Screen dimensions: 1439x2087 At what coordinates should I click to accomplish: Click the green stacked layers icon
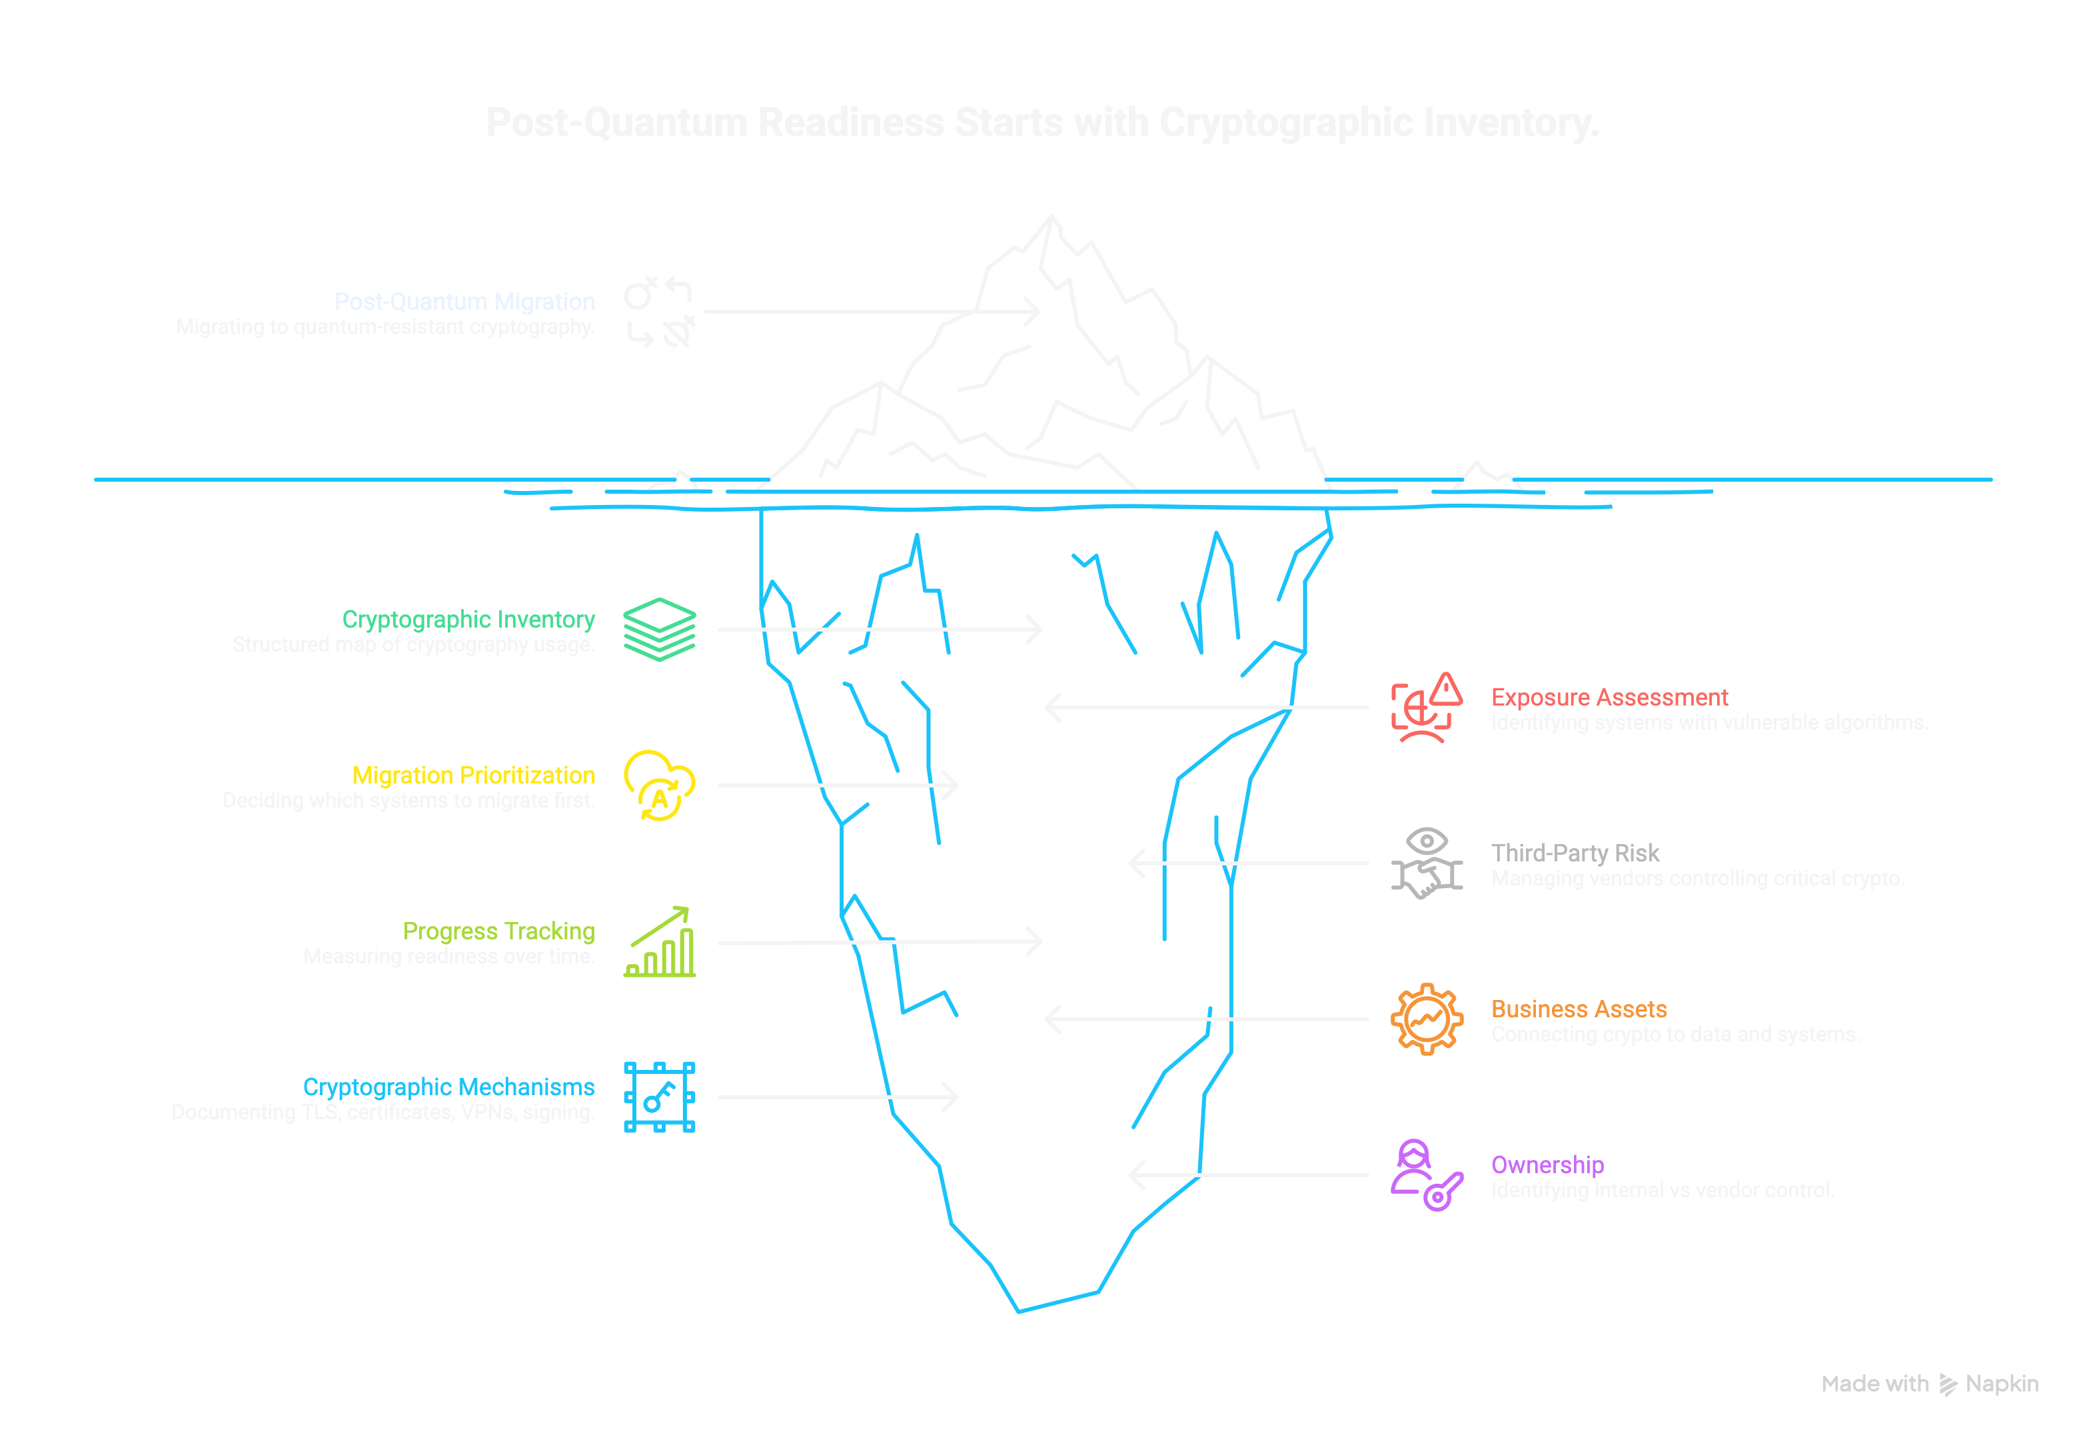tap(659, 630)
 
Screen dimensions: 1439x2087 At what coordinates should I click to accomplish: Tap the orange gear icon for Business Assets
tap(1426, 1019)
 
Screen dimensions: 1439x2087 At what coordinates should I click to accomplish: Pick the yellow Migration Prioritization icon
tap(659, 785)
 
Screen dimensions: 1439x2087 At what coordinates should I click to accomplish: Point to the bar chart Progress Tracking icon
tap(659, 941)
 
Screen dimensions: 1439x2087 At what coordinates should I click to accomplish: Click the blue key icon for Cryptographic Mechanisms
tap(659, 1097)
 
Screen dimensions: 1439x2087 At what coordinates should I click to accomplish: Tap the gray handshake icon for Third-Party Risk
tap(1426, 864)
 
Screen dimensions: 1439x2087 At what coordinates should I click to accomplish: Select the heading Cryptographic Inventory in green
tap(468, 620)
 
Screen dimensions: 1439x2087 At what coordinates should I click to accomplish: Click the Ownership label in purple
tap(1547, 1165)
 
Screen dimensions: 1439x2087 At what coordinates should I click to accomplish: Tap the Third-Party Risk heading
tap(1575, 853)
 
